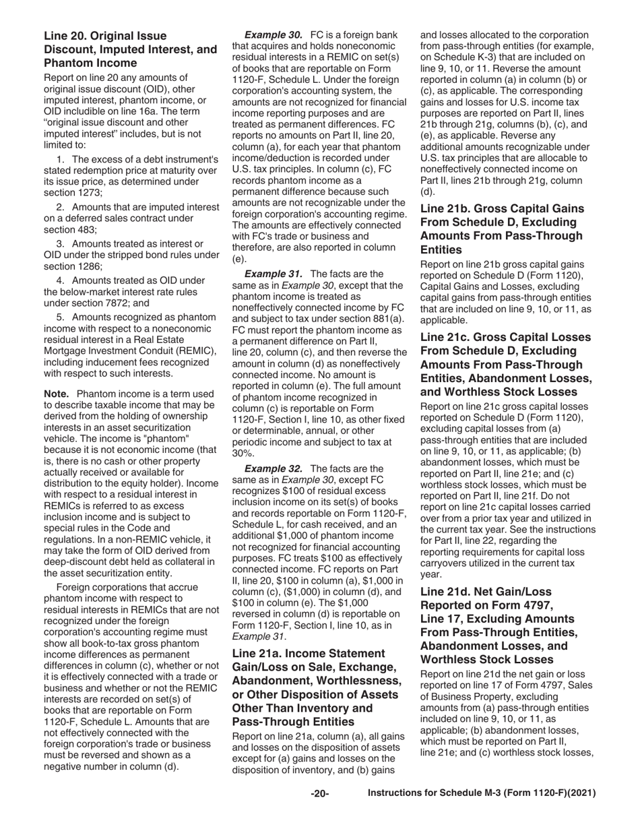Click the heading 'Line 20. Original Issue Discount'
pos(130,49)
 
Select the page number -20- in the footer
pos(319,794)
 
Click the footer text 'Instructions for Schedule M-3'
pos(482,794)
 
